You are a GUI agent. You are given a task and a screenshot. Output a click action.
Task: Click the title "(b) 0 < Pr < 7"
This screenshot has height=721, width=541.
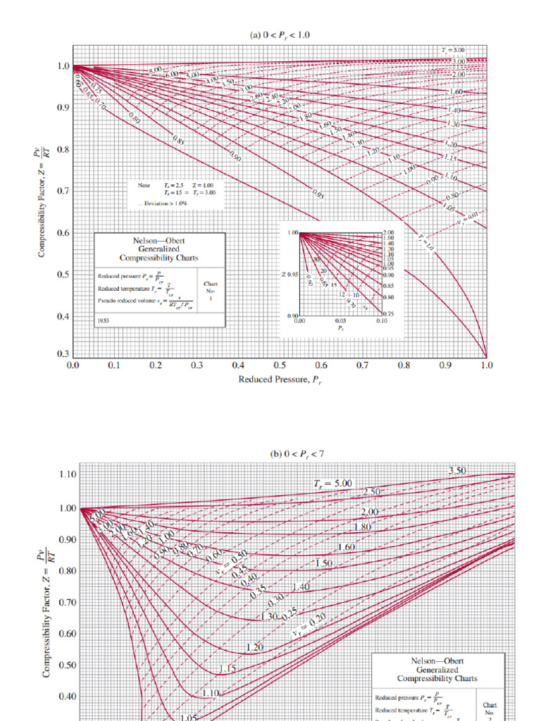(297, 454)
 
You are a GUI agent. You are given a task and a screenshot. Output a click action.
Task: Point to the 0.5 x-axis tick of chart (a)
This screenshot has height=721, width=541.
(280, 366)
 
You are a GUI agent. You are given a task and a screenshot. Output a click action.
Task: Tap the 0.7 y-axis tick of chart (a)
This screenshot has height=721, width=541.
(63, 191)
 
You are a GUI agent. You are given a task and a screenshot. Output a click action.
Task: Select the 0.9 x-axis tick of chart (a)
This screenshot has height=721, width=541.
(444, 366)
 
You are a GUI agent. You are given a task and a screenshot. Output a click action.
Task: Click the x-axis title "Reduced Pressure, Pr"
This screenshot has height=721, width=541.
(279, 380)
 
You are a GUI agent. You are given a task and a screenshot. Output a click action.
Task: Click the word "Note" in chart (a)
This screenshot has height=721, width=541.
(143, 185)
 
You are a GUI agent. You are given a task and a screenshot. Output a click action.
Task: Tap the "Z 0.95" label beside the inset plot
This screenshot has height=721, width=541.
(290, 274)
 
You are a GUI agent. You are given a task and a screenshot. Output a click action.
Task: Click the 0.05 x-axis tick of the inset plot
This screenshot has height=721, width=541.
(340, 320)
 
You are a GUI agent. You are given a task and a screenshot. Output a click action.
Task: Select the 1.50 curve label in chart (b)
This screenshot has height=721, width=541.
(323, 563)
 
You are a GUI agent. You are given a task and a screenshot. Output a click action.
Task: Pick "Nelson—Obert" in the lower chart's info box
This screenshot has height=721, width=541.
(437, 661)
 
